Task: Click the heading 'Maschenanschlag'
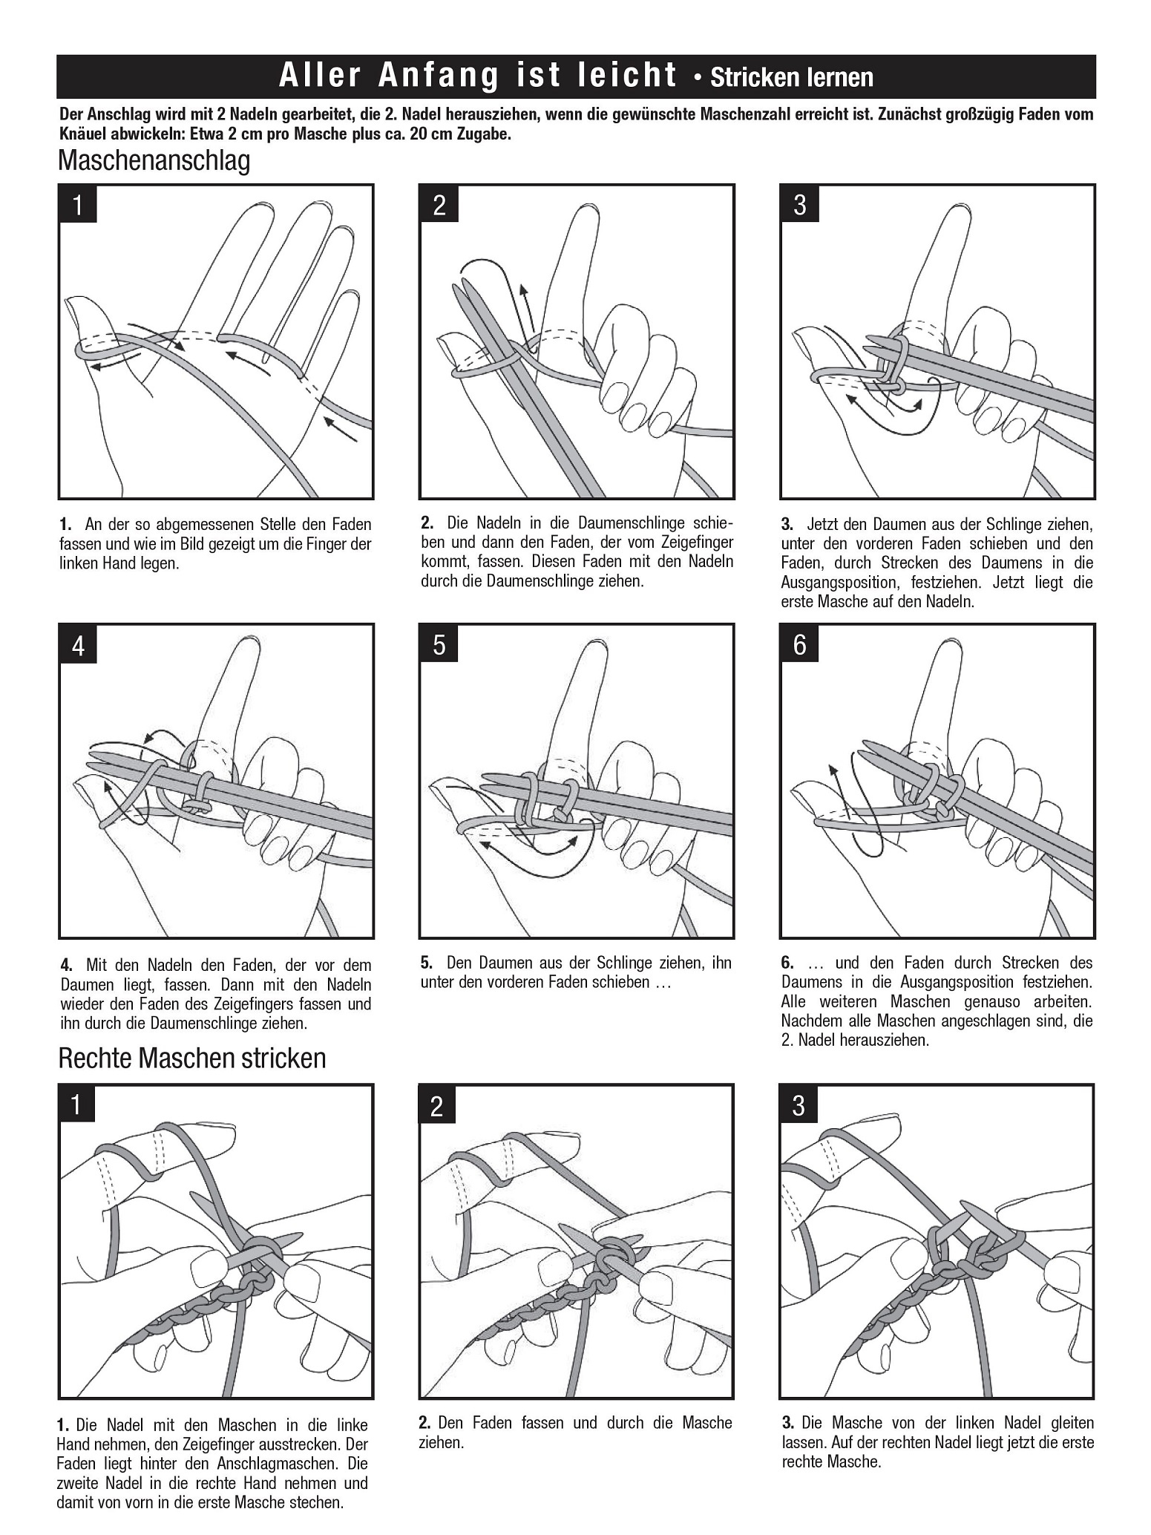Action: coord(154,160)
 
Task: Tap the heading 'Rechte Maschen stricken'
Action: coord(192,1058)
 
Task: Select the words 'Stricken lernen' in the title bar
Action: coord(792,77)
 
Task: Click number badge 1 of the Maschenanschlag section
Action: coord(78,205)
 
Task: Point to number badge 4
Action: coord(78,646)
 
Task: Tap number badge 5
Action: coord(439,644)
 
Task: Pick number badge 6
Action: coord(800,644)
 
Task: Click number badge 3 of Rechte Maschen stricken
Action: coord(799,1106)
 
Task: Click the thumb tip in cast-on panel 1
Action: coord(74,306)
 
